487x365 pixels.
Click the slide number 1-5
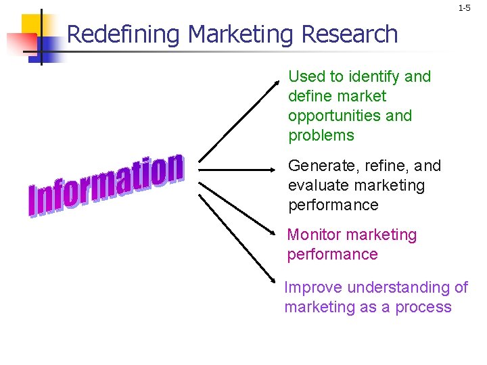pyautogui.click(x=464, y=9)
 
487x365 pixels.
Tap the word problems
pyautogui.click(x=321, y=135)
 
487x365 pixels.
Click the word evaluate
pyautogui.click(x=316, y=185)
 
